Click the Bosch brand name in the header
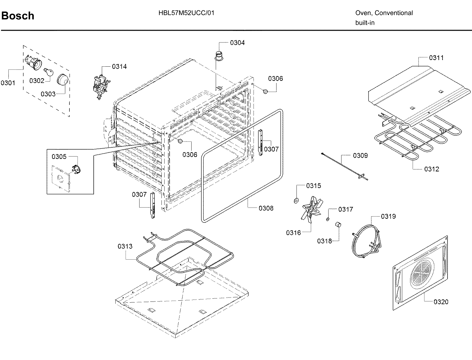pyautogui.click(x=18, y=16)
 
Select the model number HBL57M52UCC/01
pyautogui.click(x=186, y=13)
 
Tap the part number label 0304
pyautogui.click(x=237, y=43)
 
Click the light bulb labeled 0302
pyautogui.click(x=49, y=72)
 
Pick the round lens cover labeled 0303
pyautogui.click(x=62, y=79)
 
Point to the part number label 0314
pyautogui.click(x=119, y=67)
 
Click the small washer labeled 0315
pyautogui.click(x=296, y=201)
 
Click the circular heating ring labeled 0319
pyautogui.click(x=366, y=241)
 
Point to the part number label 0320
pyautogui.click(x=441, y=302)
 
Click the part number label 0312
pyautogui.click(x=431, y=169)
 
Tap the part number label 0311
pyautogui.click(x=436, y=58)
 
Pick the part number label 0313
pyautogui.click(x=125, y=246)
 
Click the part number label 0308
pyautogui.click(x=266, y=208)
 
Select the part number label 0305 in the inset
pyautogui.click(x=59, y=157)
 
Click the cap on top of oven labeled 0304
pyautogui.click(x=219, y=55)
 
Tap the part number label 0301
pyautogui.click(x=8, y=83)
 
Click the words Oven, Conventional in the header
pyautogui.click(x=384, y=13)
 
